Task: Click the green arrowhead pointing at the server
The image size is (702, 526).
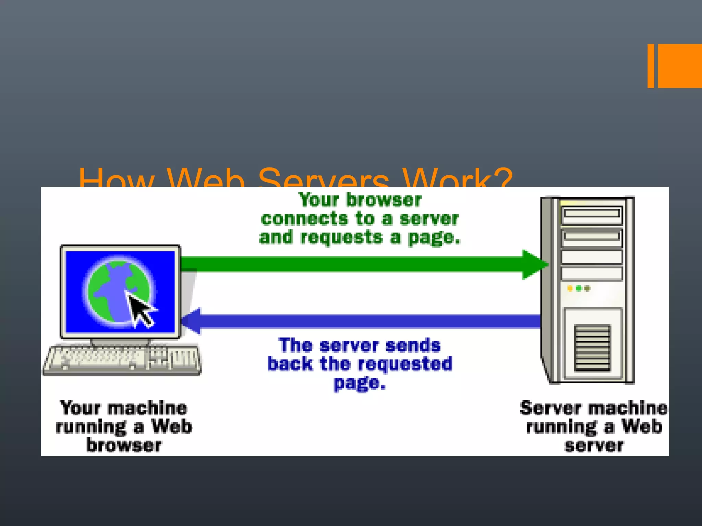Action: (x=533, y=264)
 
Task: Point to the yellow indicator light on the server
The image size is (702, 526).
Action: (x=570, y=288)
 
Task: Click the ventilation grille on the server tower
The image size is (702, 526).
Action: (x=592, y=348)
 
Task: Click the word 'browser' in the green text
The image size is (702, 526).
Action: (x=384, y=200)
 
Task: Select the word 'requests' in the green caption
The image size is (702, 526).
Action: (x=341, y=238)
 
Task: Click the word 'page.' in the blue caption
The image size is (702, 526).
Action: (x=360, y=383)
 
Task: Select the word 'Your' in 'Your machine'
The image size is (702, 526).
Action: (x=80, y=408)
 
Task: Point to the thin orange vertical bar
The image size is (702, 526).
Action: (x=651, y=66)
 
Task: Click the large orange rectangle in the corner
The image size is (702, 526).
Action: (x=680, y=66)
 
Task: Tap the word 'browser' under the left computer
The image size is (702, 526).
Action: (x=124, y=445)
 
